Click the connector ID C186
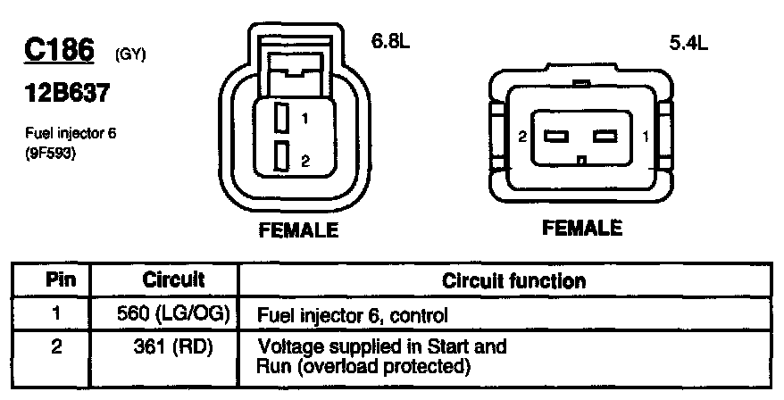click(59, 50)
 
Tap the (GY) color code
click(130, 55)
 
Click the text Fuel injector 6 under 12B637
click(71, 133)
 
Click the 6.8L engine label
click(390, 41)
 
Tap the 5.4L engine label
click(688, 42)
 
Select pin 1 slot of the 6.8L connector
click(280, 116)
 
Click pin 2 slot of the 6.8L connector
click(280, 156)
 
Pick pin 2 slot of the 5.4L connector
click(557, 137)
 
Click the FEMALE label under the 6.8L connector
click(298, 230)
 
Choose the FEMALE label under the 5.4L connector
click(582, 228)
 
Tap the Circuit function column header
click(514, 281)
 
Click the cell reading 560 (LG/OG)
click(174, 313)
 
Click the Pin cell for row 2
click(55, 345)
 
